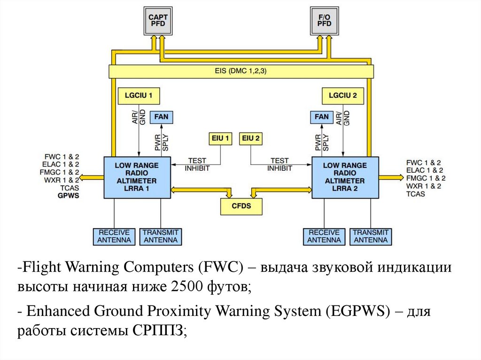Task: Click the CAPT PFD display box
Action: tap(158, 20)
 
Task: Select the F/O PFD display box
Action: tap(325, 20)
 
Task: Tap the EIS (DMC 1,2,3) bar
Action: tap(241, 71)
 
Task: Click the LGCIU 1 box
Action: tap(139, 96)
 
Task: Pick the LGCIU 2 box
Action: tap(343, 96)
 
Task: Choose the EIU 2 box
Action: tap(251, 138)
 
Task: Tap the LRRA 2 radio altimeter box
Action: tap(345, 177)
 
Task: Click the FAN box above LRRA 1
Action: tap(161, 116)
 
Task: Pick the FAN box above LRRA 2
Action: tap(322, 116)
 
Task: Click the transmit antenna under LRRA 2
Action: tap(371, 236)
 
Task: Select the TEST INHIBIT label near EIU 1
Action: tap(197, 164)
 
